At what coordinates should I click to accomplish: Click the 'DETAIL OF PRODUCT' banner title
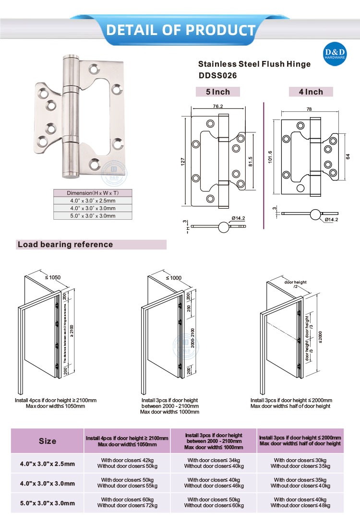click(x=180, y=30)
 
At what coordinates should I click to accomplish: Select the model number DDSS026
click(x=218, y=75)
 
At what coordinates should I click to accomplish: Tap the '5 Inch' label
click(x=218, y=92)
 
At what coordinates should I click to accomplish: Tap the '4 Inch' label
click(x=311, y=92)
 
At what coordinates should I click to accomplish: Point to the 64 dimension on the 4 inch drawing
click(x=348, y=156)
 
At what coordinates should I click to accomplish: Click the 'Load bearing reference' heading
click(x=65, y=245)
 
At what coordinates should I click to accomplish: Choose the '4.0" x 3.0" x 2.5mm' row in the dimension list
click(x=93, y=201)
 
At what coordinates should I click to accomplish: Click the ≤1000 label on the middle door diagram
click(x=174, y=278)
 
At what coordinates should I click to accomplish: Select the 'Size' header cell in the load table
click(x=48, y=441)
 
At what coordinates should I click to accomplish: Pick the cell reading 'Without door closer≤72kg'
click(x=127, y=505)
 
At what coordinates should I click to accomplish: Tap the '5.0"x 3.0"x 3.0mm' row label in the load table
click(x=48, y=503)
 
